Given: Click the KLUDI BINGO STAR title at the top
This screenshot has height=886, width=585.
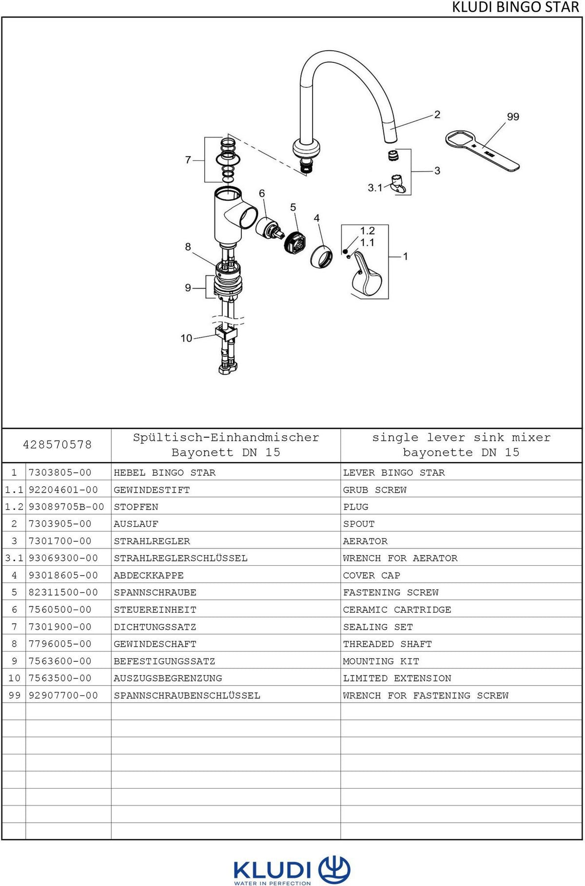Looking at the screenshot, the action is coord(515,7).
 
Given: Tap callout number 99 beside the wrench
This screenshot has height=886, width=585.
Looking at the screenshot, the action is coord(513,117).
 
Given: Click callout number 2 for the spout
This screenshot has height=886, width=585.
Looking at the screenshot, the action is coord(437,115).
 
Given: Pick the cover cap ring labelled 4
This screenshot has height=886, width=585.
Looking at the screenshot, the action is coord(321,256).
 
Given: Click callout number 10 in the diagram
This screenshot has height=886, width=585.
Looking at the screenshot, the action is coord(186,338).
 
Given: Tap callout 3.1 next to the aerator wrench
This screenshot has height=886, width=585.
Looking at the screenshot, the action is coord(375,188).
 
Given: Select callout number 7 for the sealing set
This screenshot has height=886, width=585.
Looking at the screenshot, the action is coord(188,160).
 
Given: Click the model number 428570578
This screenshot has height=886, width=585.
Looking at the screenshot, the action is coord(57,444).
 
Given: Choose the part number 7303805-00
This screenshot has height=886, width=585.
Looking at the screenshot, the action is coord(60,473).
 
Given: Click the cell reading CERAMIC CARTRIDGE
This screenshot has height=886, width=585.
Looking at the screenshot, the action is coord(397,610).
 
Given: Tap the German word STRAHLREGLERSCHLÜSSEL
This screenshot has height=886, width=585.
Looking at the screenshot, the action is coord(180,558).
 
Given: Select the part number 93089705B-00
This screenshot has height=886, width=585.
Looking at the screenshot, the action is coord(66,507).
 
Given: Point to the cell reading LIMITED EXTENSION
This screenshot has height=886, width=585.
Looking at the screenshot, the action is coord(397,678).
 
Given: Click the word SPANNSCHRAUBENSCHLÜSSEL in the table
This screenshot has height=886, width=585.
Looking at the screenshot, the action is coord(187,695).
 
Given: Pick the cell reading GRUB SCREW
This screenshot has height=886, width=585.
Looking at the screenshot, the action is coord(374,490).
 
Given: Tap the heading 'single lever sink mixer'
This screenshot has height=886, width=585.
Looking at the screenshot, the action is coord(461,438).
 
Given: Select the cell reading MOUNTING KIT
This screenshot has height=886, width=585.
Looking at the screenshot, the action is coord(381,661).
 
